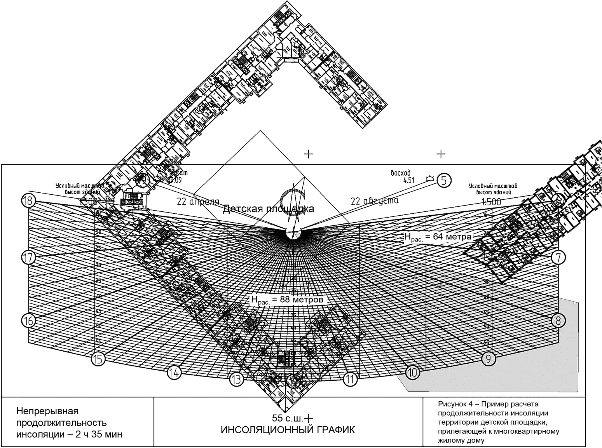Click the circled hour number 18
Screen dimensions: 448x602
tap(28, 201)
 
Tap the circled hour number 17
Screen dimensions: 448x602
tap(28, 258)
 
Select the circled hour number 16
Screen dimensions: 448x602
tap(28, 321)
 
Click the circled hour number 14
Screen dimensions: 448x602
tap(174, 373)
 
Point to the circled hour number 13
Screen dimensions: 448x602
tap(236, 379)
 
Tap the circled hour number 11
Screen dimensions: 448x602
tap(351, 379)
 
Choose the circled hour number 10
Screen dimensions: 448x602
tap(413, 373)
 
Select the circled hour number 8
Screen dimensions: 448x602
tap(558, 321)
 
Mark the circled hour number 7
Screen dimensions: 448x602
tap(558, 257)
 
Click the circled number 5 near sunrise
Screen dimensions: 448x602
tap(444, 180)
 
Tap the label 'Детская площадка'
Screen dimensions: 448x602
tap(268, 209)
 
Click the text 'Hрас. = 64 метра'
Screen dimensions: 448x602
tap(438, 237)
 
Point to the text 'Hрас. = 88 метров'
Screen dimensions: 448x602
tap(287, 300)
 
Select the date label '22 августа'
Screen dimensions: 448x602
tap(375, 201)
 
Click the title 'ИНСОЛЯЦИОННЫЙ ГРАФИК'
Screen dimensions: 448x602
tap(288, 430)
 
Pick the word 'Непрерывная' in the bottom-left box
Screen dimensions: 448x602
tap(47, 411)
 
